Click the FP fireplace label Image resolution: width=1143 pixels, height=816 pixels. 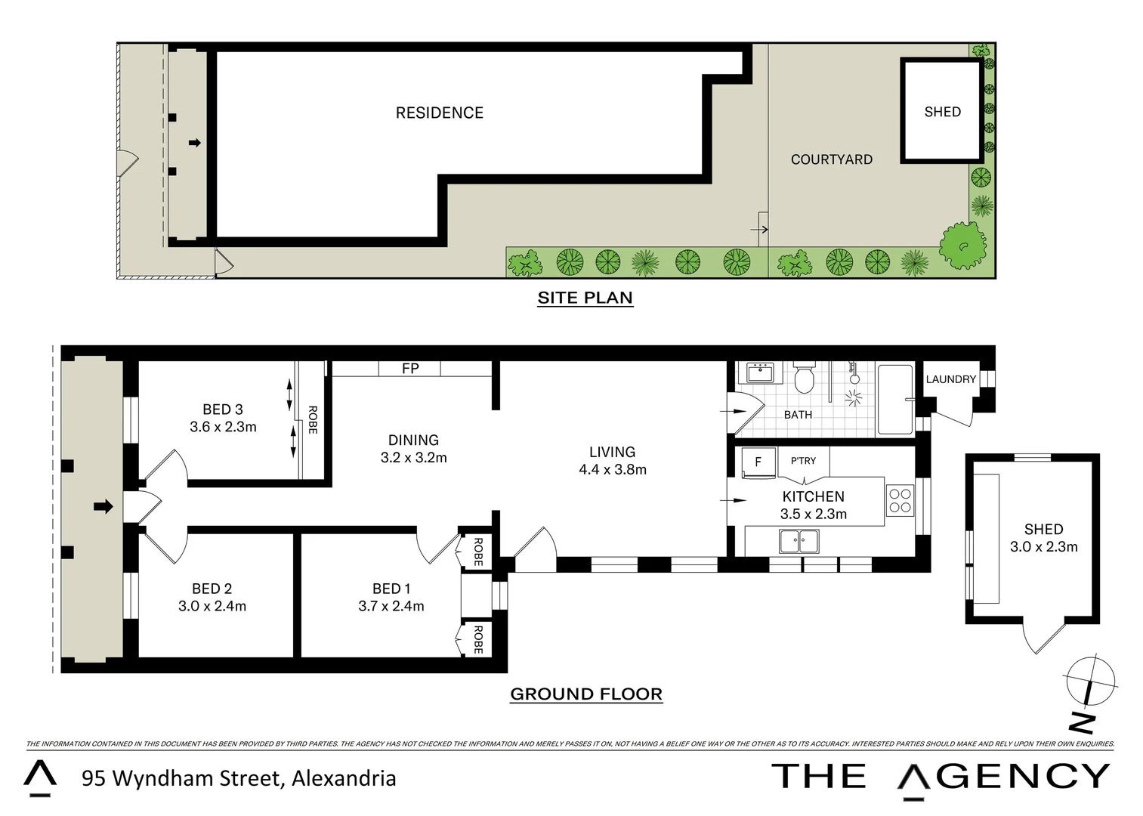pyautogui.click(x=410, y=369)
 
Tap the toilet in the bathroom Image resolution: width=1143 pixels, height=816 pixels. pyautogui.click(x=804, y=380)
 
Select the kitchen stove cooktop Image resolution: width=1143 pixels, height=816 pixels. pyautogui.click(x=900, y=501)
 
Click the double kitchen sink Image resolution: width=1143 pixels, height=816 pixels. pyautogui.click(x=799, y=541)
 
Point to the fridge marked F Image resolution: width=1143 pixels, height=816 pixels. pyautogui.click(x=758, y=462)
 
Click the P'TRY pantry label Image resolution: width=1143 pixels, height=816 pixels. pyautogui.click(x=803, y=460)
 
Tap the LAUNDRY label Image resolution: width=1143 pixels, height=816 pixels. pyautogui.click(x=950, y=379)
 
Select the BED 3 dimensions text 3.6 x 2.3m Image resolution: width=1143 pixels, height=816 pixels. pyautogui.click(x=223, y=427)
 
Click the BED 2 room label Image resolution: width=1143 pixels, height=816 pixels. pyautogui.click(x=212, y=588)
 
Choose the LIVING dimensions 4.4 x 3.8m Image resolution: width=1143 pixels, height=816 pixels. pyautogui.click(x=612, y=469)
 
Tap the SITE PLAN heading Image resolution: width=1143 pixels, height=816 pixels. pyautogui.click(x=585, y=298)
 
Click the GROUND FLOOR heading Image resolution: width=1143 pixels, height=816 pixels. pyautogui.click(x=586, y=694)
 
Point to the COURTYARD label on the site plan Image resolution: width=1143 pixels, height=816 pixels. pyautogui.click(x=831, y=159)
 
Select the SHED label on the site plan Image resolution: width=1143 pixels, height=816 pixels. pyautogui.click(x=942, y=112)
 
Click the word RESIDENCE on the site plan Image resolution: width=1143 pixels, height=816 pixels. pyautogui.click(x=439, y=113)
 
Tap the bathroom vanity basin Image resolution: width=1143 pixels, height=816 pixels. pyautogui.click(x=760, y=373)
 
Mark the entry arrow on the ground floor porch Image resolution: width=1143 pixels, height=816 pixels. pyautogui.click(x=103, y=506)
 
